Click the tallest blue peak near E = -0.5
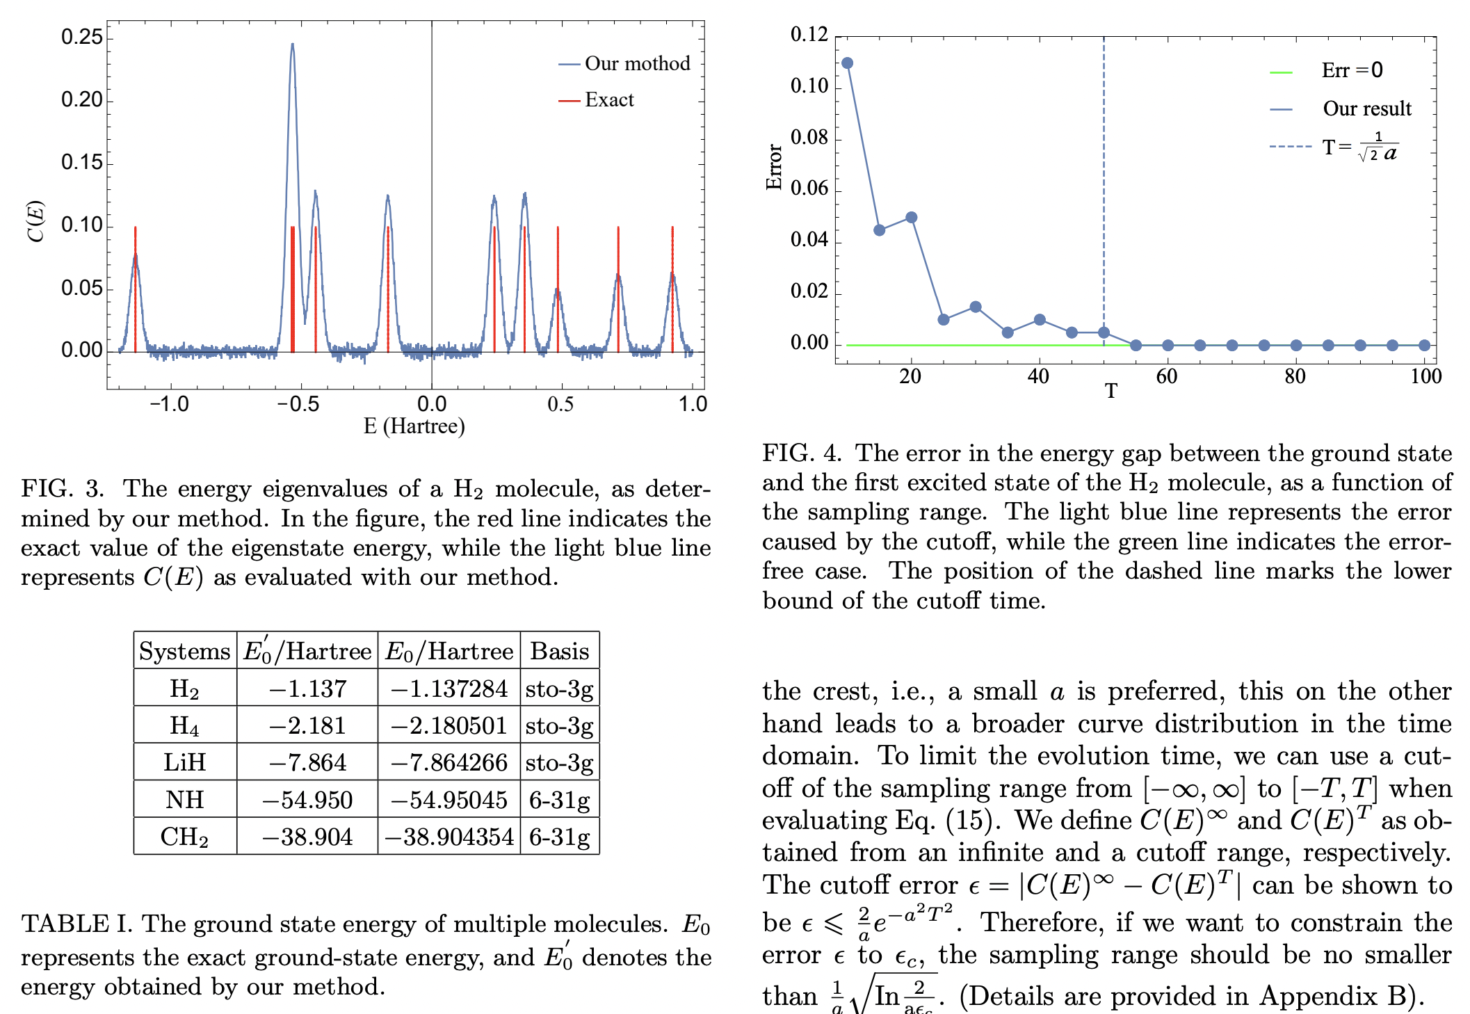pyautogui.click(x=293, y=46)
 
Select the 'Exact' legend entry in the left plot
pyautogui.click(x=608, y=100)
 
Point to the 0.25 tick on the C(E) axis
pyautogui.click(x=82, y=37)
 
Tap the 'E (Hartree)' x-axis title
pyautogui.click(x=414, y=426)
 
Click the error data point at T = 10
pyautogui.click(x=847, y=63)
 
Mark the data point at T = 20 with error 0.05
pyautogui.click(x=911, y=218)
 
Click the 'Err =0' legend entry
pyautogui.click(x=1351, y=71)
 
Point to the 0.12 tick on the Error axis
pyautogui.click(x=809, y=35)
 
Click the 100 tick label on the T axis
pyautogui.click(x=1425, y=377)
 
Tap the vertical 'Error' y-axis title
pyautogui.click(x=773, y=167)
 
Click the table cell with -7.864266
pyautogui.click(x=449, y=762)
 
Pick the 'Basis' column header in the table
pyautogui.click(x=559, y=651)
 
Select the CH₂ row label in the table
pyautogui.click(x=184, y=837)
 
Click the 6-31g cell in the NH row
pyautogui.click(x=559, y=800)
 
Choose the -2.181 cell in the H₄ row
pyautogui.click(x=307, y=725)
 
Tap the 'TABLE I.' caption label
pyautogui.click(x=76, y=924)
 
